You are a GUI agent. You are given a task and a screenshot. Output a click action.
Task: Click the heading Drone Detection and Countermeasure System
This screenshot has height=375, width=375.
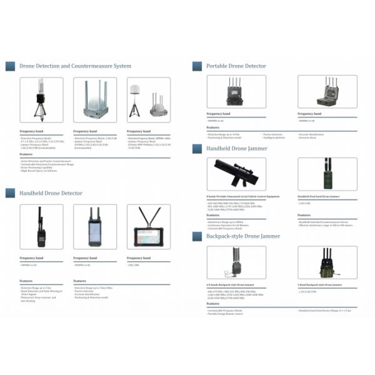tap(75, 66)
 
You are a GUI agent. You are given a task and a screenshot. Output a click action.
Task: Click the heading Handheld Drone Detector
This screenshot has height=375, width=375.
tap(51, 194)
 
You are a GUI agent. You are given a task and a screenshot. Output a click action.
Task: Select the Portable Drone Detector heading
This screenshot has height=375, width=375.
tap(236, 66)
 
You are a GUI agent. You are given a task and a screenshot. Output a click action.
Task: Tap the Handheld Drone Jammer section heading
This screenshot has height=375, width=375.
tap(237, 149)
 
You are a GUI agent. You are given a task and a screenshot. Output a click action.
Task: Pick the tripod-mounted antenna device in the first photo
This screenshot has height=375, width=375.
tap(41, 100)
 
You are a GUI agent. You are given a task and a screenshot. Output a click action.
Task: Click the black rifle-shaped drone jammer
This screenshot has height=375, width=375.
tap(236, 174)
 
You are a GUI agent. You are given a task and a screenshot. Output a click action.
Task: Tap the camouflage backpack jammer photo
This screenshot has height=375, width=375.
tap(326, 262)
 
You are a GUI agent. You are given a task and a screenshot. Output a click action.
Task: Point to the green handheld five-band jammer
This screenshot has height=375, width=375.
tap(327, 174)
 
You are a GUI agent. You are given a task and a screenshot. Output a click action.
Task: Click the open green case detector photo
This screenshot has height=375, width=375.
tap(327, 92)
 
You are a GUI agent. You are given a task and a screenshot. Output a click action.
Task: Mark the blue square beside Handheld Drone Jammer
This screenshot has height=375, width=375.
tap(197, 149)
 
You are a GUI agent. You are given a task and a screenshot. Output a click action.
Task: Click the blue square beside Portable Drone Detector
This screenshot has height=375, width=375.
tap(197, 66)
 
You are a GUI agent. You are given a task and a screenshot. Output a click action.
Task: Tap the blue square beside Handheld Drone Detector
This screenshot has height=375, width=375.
tap(11, 194)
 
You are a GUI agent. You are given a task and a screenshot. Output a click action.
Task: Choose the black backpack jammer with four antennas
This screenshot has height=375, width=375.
tap(236, 262)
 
